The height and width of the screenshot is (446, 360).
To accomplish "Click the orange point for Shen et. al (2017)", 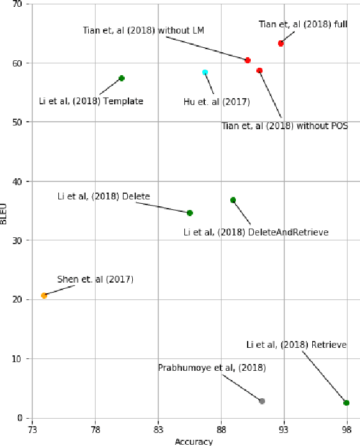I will (x=44, y=296).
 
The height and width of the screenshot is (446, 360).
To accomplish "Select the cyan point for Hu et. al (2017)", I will (x=205, y=73).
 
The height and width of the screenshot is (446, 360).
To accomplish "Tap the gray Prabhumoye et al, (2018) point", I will (x=262, y=401).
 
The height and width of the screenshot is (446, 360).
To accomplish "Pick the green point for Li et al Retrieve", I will (x=346, y=403).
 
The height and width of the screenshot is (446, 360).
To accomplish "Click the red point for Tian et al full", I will (x=281, y=43).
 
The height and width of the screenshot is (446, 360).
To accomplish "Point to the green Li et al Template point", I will (x=122, y=78).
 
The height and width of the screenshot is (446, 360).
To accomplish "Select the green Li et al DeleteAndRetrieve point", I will (x=233, y=200).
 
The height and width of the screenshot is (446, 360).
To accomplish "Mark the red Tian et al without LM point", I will (x=248, y=60).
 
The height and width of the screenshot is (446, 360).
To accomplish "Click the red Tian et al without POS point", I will (x=259, y=71).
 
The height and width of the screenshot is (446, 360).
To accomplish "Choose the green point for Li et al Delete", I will (x=190, y=213).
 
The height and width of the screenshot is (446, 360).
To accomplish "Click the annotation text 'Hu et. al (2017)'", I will (x=217, y=102).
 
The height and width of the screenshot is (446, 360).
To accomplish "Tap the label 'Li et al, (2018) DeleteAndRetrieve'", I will (x=256, y=232).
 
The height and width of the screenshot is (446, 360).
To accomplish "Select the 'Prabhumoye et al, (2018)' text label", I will (x=212, y=368).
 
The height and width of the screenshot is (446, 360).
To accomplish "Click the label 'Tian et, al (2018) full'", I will (x=304, y=24).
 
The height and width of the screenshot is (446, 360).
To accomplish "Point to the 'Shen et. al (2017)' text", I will (x=95, y=280).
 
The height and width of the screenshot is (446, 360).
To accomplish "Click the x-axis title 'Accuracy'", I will (x=194, y=442).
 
